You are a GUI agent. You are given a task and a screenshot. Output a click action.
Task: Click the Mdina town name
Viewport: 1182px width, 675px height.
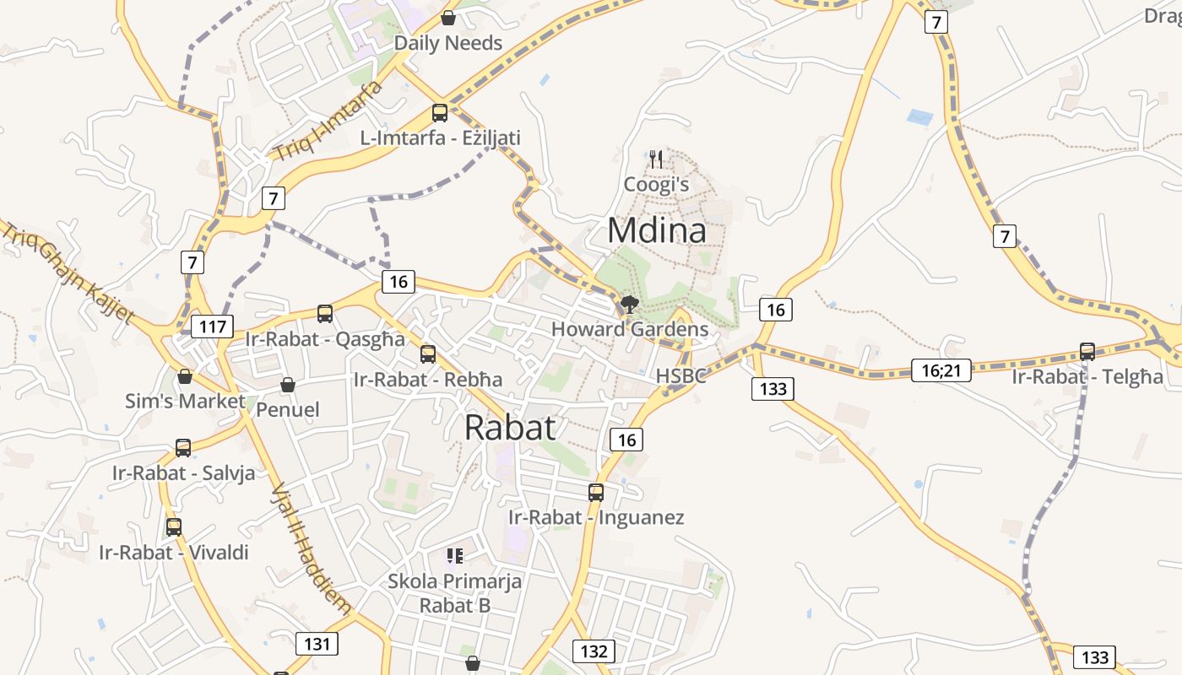pyautogui.click(x=656, y=230)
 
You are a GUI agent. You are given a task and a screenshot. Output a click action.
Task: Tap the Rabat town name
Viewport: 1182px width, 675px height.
pyautogui.click(x=510, y=427)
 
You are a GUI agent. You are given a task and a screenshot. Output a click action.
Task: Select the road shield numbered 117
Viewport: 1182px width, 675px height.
pyautogui.click(x=211, y=327)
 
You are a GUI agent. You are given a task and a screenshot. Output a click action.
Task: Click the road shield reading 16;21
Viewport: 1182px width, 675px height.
pyautogui.click(x=941, y=369)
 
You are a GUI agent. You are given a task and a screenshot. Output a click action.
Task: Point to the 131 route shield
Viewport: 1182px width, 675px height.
pyautogui.click(x=317, y=644)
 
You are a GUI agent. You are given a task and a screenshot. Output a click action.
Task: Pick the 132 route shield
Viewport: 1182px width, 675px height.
pyautogui.click(x=594, y=651)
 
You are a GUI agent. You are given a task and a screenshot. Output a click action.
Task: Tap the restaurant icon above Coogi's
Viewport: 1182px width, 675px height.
pyautogui.click(x=656, y=159)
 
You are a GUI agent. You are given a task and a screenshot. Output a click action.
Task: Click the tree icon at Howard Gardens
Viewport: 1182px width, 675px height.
pyautogui.click(x=628, y=305)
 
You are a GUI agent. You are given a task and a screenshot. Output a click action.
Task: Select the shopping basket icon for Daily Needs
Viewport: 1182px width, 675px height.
pyautogui.click(x=448, y=18)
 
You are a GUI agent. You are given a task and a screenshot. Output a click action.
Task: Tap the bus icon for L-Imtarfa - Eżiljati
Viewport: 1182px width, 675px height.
pyautogui.click(x=439, y=112)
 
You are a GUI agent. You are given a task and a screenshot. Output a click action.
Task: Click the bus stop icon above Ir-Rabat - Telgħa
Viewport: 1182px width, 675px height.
pyautogui.click(x=1087, y=352)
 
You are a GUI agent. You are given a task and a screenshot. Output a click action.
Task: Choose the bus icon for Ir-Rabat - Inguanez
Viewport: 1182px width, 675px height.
pyautogui.click(x=596, y=492)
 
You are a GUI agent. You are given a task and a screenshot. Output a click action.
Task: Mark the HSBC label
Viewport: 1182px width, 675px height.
pyautogui.click(x=680, y=376)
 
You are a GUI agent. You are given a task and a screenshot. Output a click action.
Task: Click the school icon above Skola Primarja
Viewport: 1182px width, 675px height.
pyautogui.click(x=455, y=555)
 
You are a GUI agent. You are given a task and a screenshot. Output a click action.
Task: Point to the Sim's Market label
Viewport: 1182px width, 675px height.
pyautogui.click(x=185, y=401)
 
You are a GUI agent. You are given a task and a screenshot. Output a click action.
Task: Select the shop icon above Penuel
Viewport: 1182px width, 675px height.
pyautogui.click(x=288, y=385)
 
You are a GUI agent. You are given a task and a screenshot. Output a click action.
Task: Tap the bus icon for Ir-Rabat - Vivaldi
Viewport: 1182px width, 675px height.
pyautogui.click(x=174, y=527)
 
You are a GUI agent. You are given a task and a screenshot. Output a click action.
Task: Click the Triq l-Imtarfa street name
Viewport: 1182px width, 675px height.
pyautogui.click(x=328, y=121)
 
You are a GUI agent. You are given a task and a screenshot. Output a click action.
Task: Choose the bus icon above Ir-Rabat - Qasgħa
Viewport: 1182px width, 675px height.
pyautogui.click(x=325, y=314)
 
